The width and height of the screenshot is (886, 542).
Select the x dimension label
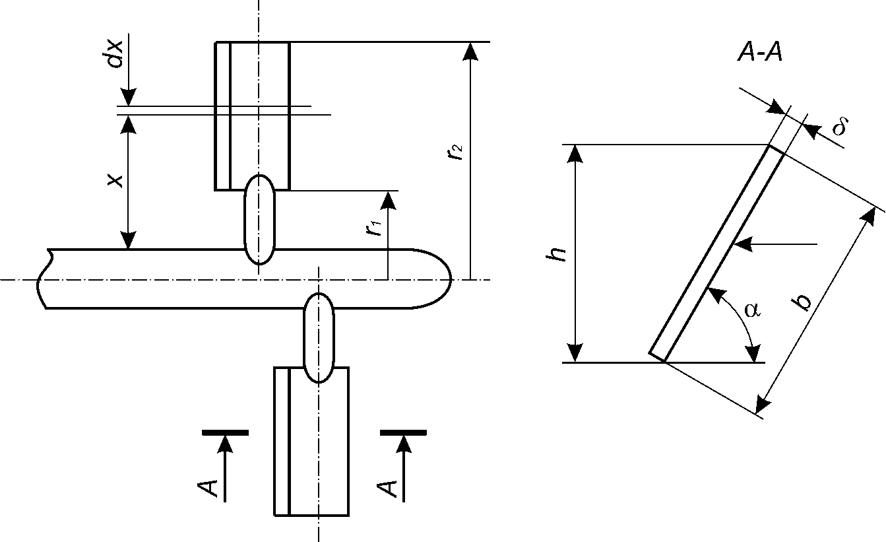(116, 180)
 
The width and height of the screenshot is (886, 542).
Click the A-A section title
(760, 53)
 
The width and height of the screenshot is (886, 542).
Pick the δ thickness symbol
(840, 126)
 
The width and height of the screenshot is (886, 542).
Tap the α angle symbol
(752, 310)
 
